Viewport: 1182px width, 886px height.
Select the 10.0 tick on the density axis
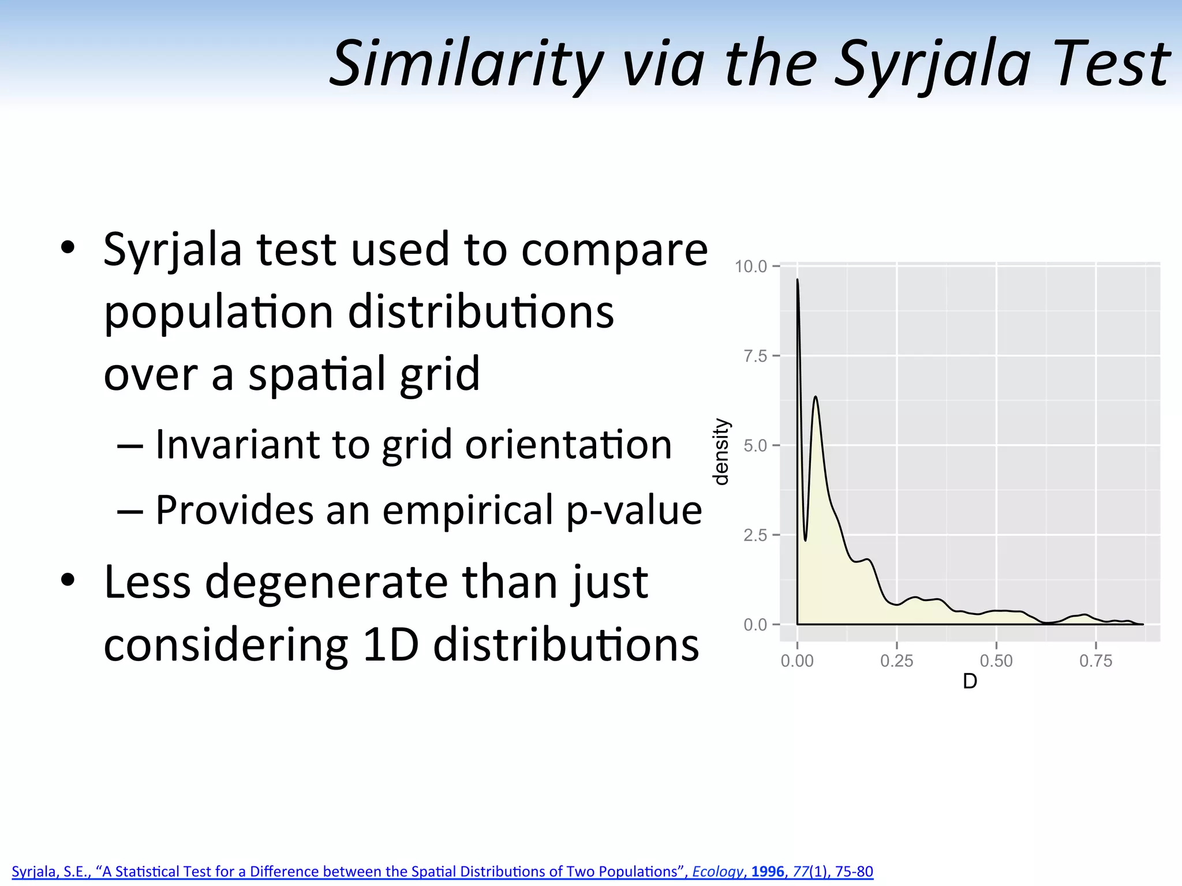point(750,266)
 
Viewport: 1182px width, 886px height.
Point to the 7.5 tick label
point(755,356)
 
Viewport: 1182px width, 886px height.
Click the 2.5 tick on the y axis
point(755,535)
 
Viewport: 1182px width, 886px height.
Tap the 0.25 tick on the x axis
point(896,661)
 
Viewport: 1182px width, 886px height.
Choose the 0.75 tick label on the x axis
point(1095,661)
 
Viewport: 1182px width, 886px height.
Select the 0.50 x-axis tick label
point(996,661)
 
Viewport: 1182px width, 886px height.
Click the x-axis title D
point(970,682)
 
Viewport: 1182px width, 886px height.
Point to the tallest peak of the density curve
point(798,281)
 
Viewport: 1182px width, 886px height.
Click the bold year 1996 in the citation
point(767,871)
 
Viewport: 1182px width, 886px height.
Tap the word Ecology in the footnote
point(717,872)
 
